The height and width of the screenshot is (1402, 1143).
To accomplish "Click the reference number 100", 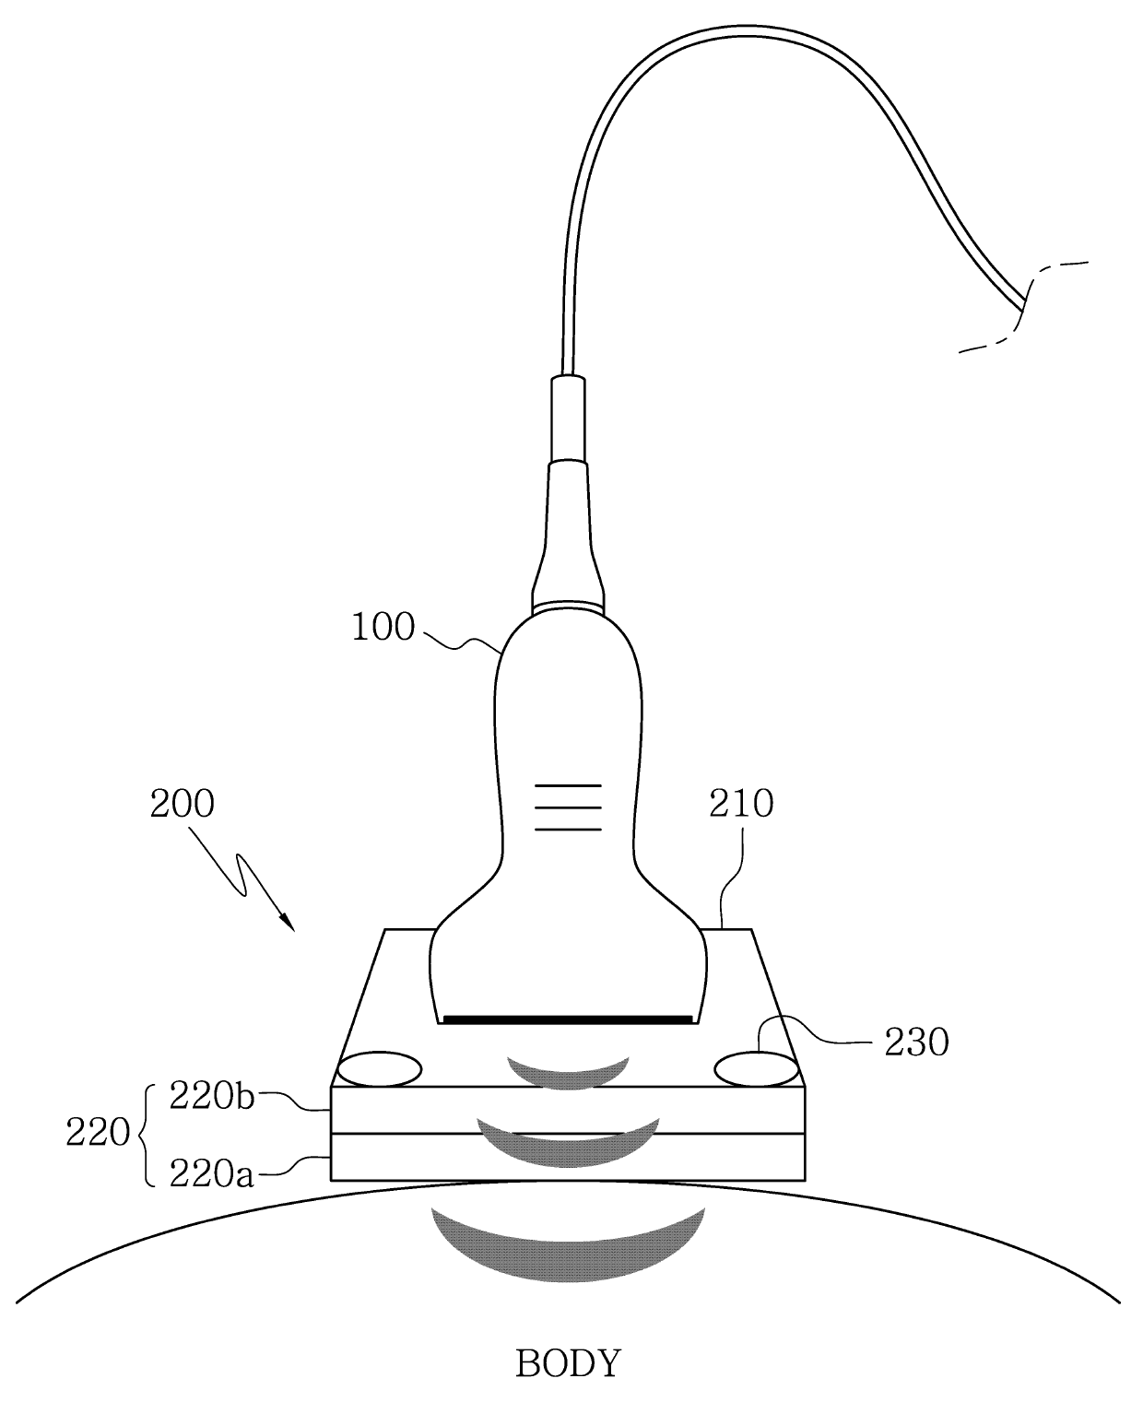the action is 383,628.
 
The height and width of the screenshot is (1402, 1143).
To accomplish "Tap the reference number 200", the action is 182,803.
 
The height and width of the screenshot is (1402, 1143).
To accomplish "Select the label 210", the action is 740,804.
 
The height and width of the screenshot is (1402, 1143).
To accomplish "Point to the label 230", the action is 916,1043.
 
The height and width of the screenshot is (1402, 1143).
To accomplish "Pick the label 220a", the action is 211,1174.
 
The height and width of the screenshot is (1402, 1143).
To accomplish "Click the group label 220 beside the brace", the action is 97,1133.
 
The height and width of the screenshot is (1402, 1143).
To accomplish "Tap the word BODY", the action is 568,1362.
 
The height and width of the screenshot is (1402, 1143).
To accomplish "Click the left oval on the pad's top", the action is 380,1070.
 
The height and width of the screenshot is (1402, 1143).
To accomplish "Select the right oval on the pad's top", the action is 756,1070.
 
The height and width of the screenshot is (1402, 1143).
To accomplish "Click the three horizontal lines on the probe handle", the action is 568,807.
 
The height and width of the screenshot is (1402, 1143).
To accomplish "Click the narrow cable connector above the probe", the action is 567,415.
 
